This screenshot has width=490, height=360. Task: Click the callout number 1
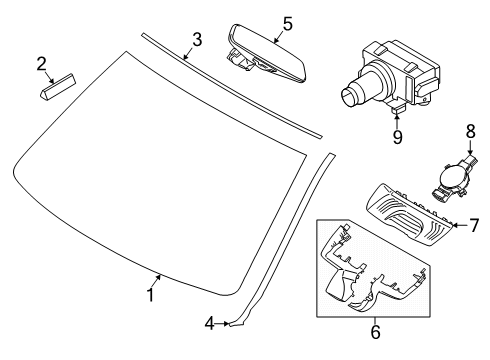[151, 295]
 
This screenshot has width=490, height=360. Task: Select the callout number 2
[41, 64]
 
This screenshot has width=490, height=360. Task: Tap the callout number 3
[197, 40]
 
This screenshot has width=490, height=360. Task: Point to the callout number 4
[209, 323]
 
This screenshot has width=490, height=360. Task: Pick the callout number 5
[287, 24]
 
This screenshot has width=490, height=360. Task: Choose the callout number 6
[376, 332]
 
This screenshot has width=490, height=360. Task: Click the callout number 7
[474, 225]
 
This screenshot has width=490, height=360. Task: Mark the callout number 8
[470, 132]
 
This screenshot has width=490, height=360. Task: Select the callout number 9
[397, 137]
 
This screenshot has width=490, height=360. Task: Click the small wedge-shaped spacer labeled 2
[57, 86]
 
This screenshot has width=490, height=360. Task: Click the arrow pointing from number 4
[221, 323]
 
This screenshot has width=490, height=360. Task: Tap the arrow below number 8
[470, 147]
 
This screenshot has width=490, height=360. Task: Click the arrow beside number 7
[460, 225]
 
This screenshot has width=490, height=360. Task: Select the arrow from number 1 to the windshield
[156, 281]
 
